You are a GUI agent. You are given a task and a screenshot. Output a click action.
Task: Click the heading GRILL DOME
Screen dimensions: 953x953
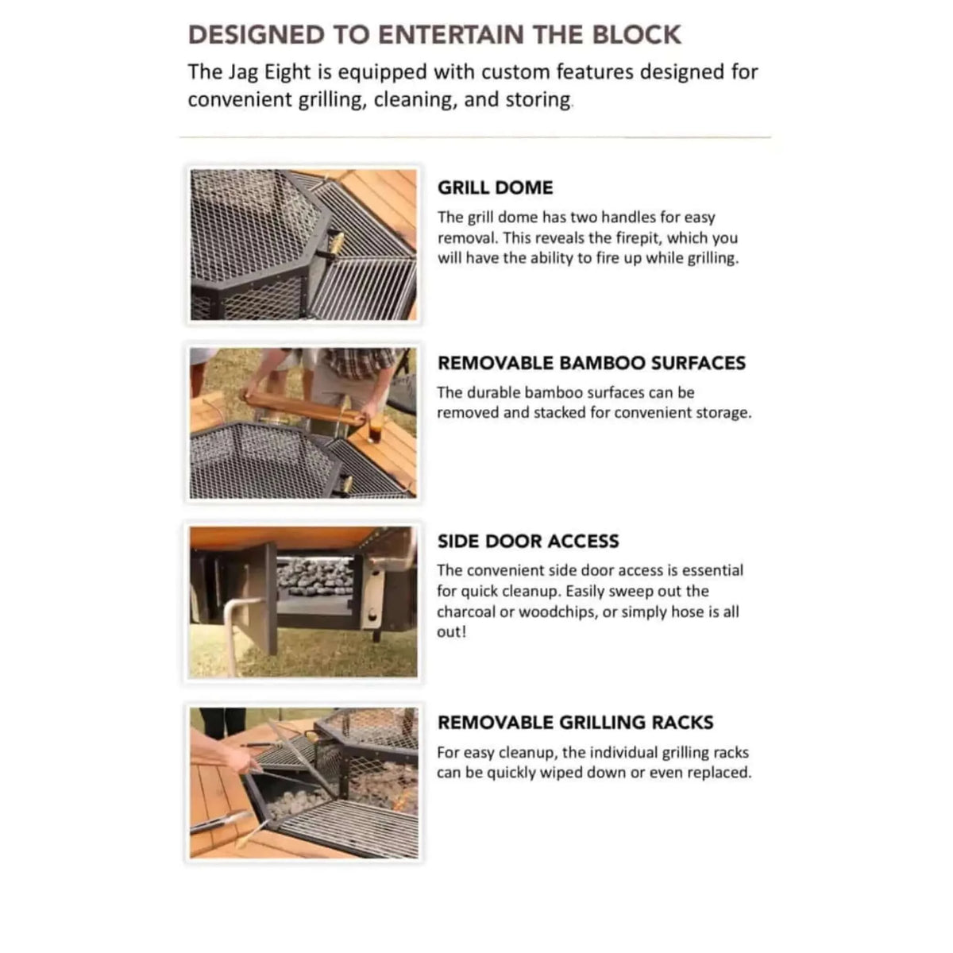click(x=495, y=188)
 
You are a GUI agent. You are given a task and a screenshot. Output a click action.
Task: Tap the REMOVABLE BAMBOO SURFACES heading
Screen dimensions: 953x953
click(x=592, y=363)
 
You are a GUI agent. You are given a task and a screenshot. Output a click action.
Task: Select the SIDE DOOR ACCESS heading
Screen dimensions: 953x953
click(x=528, y=541)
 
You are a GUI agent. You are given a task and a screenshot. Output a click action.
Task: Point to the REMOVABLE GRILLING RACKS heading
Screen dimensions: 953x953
click(x=576, y=723)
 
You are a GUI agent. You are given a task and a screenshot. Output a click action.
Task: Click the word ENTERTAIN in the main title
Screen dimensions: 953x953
click(x=449, y=35)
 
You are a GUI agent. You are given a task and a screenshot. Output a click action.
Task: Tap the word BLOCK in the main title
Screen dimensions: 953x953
click(x=637, y=35)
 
